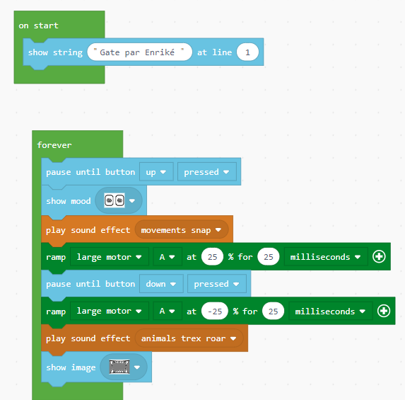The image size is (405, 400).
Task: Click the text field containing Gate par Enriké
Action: click(x=140, y=52)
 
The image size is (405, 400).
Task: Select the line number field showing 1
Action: click(x=247, y=52)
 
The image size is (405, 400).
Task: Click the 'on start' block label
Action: click(x=38, y=25)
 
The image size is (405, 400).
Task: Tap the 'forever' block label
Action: click(x=54, y=145)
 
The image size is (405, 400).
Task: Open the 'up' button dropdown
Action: click(x=156, y=172)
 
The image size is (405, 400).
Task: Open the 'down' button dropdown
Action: click(x=161, y=284)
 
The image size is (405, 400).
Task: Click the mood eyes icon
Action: click(x=115, y=200)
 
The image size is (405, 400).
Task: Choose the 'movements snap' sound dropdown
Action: click(x=182, y=230)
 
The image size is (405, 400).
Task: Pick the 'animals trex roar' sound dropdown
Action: click(x=189, y=338)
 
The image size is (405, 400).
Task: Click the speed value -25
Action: click(x=215, y=311)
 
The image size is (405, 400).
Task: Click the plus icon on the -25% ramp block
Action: click(x=384, y=311)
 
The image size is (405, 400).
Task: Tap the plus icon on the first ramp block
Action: click(x=379, y=256)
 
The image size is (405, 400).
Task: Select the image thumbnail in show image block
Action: click(x=119, y=367)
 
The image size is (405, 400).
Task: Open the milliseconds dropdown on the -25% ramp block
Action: click(x=330, y=311)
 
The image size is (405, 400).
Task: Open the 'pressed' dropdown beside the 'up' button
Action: click(x=206, y=172)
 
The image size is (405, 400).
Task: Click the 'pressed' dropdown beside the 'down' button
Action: click(x=217, y=284)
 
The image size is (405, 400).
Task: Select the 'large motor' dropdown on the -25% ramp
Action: click(x=110, y=311)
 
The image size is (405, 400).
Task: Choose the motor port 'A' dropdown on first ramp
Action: click(x=168, y=257)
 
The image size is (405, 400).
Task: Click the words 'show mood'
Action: click(x=69, y=201)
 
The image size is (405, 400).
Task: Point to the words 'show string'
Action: click(x=55, y=52)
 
